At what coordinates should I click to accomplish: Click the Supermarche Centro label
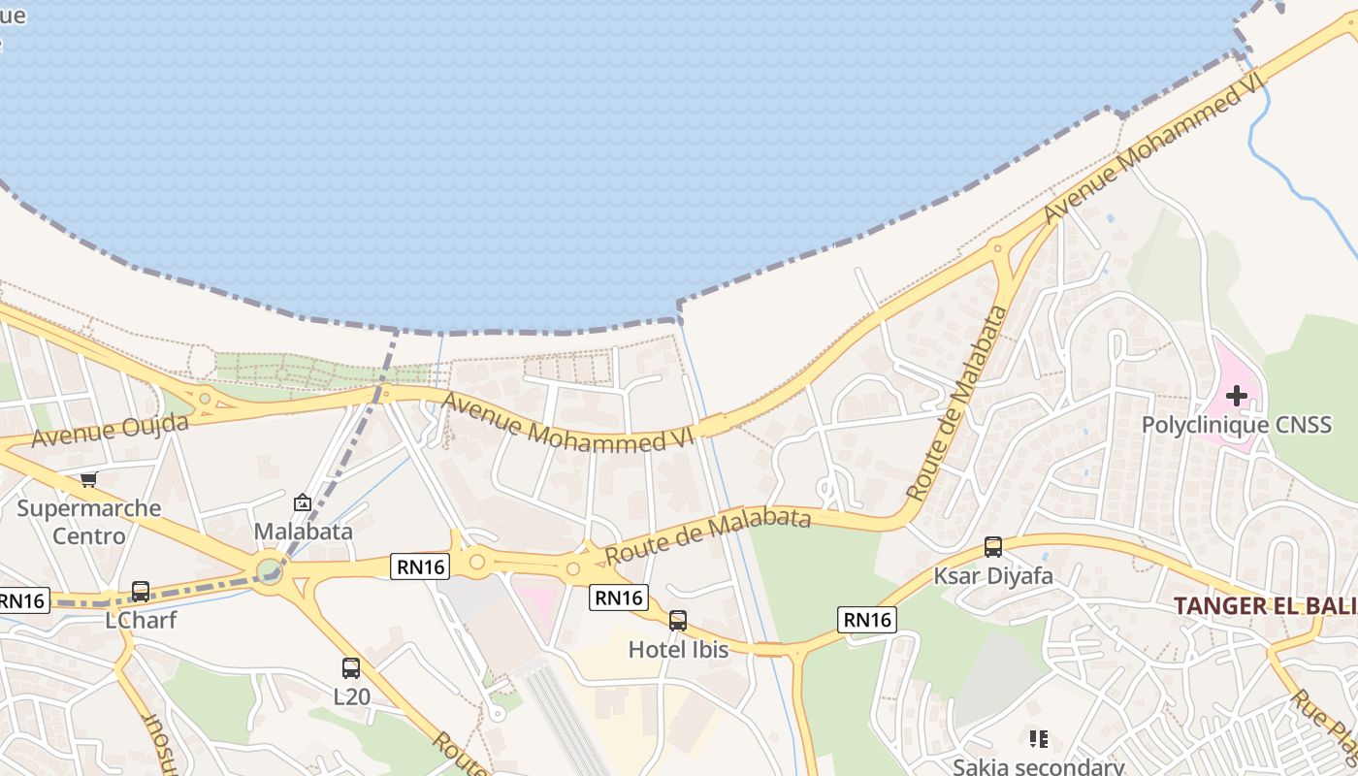(x=89, y=522)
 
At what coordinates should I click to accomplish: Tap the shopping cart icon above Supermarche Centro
(x=89, y=479)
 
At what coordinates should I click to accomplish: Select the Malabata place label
(x=304, y=532)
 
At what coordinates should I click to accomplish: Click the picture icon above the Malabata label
(x=303, y=502)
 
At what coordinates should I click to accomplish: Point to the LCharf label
(x=141, y=620)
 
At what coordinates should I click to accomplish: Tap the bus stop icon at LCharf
(x=141, y=591)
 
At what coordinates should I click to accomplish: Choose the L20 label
(x=351, y=696)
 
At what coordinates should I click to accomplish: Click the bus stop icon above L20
(x=351, y=668)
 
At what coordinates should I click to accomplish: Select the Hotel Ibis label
(x=678, y=649)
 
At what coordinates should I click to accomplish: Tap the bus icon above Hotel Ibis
(x=678, y=621)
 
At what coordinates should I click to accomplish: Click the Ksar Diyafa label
(x=992, y=575)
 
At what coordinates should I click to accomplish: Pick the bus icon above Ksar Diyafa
(x=992, y=547)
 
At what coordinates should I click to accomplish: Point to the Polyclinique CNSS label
(x=1236, y=425)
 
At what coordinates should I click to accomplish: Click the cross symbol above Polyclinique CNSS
(x=1237, y=395)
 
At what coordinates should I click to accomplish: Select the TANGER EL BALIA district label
(x=1265, y=606)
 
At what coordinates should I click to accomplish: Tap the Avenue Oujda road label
(x=110, y=430)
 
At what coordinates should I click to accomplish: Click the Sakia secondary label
(x=1038, y=766)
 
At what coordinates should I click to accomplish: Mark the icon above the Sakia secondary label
(x=1039, y=739)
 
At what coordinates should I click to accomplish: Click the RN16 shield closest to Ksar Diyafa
(x=867, y=620)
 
